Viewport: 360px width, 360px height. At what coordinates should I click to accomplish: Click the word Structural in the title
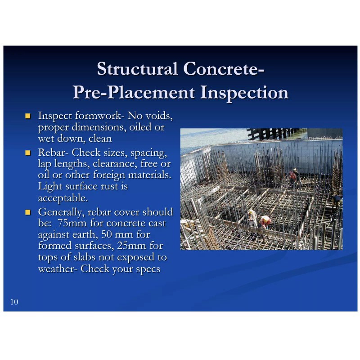[x=137, y=69]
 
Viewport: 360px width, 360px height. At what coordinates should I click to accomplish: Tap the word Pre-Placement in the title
[x=134, y=92]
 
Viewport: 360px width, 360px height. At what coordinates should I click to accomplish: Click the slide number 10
[x=14, y=301]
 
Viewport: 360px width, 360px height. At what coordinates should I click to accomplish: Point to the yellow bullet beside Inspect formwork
[x=27, y=116]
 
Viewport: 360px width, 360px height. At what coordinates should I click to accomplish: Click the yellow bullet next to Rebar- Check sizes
[x=27, y=153]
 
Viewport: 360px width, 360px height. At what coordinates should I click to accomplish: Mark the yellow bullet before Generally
[x=27, y=211]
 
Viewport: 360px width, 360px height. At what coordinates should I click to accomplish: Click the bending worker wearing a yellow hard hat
[x=265, y=222]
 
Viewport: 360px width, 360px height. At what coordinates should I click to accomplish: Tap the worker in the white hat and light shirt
[x=252, y=218]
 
